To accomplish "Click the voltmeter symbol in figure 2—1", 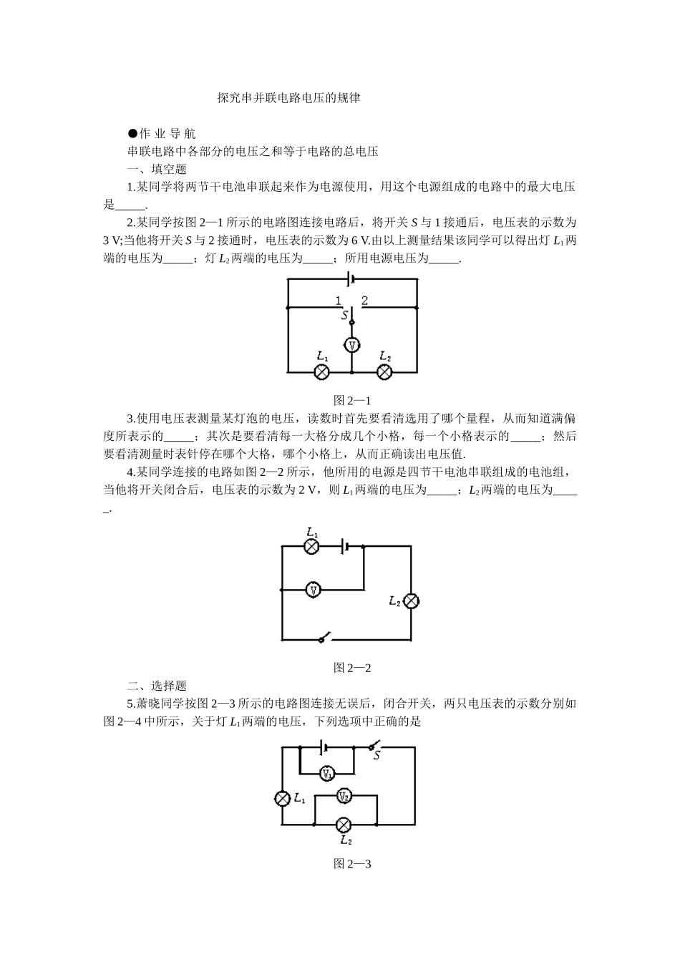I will pyautogui.click(x=351, y=345).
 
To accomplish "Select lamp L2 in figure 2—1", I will pyautogui.click(x=385, y=371).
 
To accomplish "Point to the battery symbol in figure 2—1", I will pyautogui.click(x=350, y=278).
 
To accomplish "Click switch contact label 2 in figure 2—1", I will pyautogui.click(x=364, y=301).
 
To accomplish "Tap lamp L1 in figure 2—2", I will pyautogui.click(x=311, y=546).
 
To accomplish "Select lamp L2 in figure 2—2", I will pyautogui.click(x=411, y=601).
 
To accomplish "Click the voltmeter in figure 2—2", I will pyautogui.click(x=313, y=590).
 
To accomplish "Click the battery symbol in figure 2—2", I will pyautogui.click(x=346, y=546).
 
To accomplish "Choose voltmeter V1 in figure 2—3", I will pyautogui.click(x=326, y=773).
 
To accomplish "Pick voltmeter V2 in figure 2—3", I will pyautogui.click(x=344, y=796).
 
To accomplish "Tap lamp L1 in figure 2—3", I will pyautogui.click(x=283, y=799).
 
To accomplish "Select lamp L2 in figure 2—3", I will pyautogui.click(x=344, y=824).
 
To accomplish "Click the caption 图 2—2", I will pyautogui.click(x=352, y=668).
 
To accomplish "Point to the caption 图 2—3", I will pyautogui.click(x=352, y=863).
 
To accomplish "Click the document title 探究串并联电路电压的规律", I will pyautogui.click(x=288, y=98).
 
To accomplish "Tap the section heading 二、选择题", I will pyautogui.click(x=157, y=686).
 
